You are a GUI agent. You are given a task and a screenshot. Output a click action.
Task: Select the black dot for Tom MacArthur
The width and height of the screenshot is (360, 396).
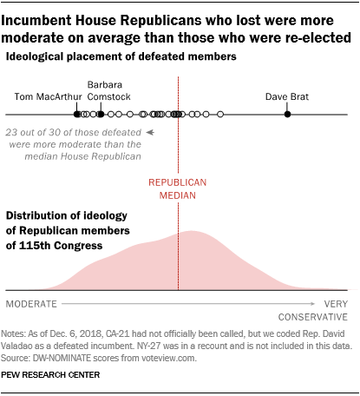77,115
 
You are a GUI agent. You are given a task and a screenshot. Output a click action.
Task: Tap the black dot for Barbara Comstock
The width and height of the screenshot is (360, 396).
101,115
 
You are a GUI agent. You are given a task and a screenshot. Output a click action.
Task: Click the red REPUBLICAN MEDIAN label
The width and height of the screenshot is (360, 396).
178,190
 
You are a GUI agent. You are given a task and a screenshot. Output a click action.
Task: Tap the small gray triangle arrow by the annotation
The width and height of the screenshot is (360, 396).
150,133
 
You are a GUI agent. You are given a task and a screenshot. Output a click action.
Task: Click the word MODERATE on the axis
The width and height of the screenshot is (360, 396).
32,305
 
